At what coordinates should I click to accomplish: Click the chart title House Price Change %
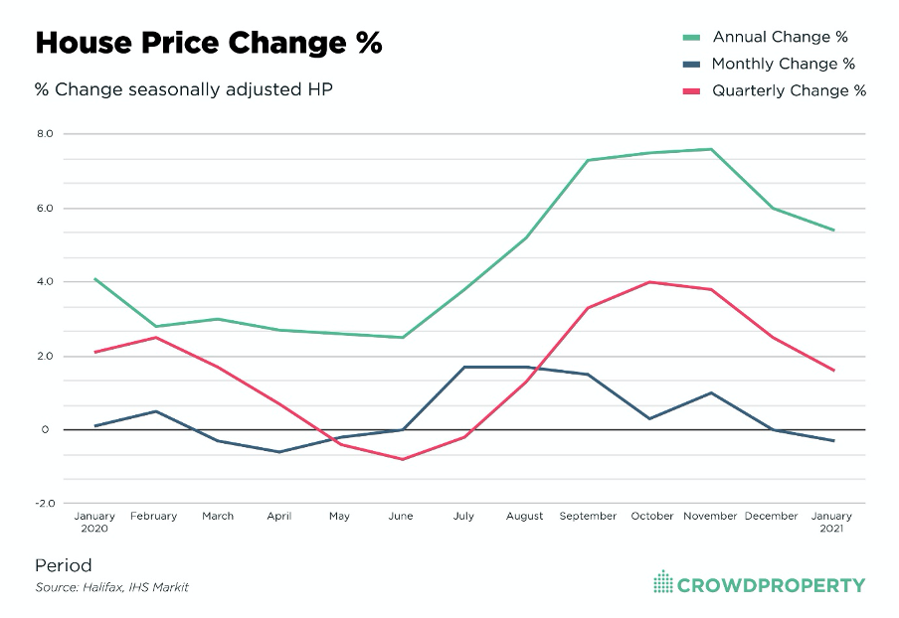[208, 44]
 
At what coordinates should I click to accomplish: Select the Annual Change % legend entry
[780, 37]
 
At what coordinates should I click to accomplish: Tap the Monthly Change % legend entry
[783, 64]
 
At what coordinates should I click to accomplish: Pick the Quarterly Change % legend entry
[789, 90]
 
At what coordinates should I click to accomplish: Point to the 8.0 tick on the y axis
[45, 133]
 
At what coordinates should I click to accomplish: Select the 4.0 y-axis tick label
[45, 281]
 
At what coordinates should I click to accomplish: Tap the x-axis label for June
[401, 516]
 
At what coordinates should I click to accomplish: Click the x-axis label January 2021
[832, 522]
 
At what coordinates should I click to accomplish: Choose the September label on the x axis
[588, 516]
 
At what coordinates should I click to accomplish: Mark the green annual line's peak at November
[711, 149]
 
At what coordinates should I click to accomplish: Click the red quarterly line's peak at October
[649, 282]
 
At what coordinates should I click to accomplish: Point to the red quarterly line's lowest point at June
[402, 459]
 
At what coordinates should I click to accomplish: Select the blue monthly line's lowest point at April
[278, 452]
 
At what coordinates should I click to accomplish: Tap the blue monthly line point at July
[463, 368]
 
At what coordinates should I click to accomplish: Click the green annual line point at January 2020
[94, 278]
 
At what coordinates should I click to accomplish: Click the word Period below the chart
[63, 565]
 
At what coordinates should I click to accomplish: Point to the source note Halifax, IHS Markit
[111, 587]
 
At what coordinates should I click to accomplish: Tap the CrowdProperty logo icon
[662, 582]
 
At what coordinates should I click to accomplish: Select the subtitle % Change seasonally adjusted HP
[183, 89]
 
